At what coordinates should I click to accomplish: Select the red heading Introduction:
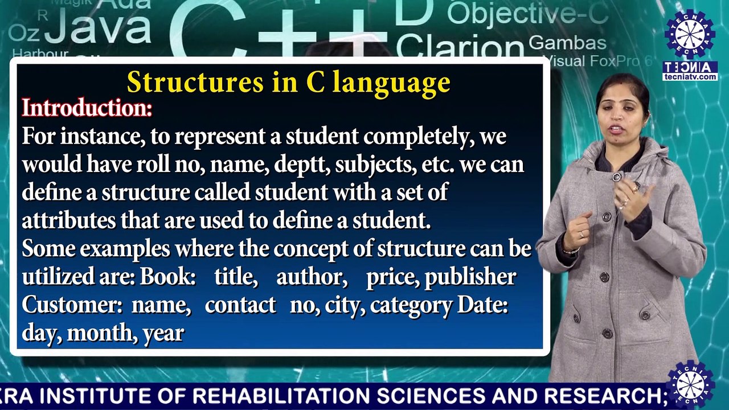87,108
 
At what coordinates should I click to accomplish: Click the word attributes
69,220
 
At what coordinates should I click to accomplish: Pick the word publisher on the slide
470,277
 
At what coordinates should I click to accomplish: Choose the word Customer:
72,305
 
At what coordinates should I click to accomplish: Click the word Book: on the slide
167,277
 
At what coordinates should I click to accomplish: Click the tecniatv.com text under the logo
690,77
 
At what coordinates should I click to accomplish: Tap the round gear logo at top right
690,34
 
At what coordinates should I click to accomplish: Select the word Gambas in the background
568,43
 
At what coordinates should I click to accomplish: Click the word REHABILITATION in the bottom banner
282,395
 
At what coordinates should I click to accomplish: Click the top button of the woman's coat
616,178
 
